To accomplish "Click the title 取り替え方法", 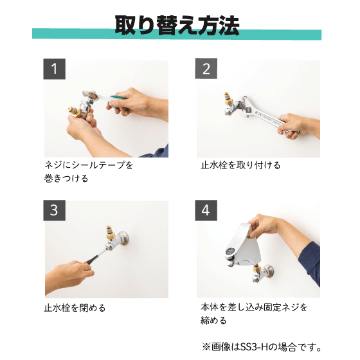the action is tap(177, 25).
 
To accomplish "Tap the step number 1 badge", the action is tap(55, 69).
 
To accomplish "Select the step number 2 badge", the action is tap(206, 69).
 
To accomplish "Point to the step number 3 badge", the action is tap(55, 210).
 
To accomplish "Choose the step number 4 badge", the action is tap(206, 210).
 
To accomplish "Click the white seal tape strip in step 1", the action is tap(104, 97).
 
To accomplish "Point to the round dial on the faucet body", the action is tap(230, 251).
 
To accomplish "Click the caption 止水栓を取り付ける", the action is tap(240, 165).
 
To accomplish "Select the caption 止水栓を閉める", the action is tap(75, 308).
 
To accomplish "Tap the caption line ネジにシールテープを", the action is tap(89, 165).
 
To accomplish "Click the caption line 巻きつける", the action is tap(66, 179).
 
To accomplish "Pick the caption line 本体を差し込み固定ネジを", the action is tap(254, 307).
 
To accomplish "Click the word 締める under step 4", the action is tap(213, 320).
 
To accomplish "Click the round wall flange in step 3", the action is tap(123, 238).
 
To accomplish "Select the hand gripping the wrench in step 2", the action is tap(292, 126).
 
